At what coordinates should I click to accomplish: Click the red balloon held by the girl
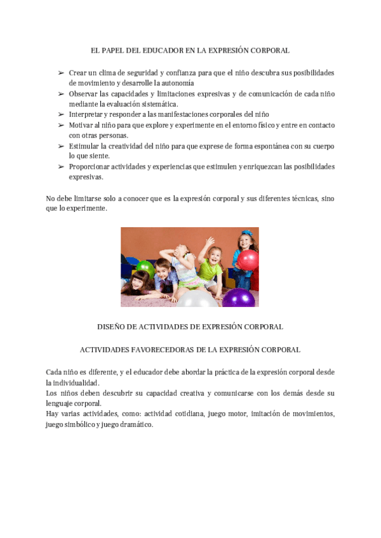[x=247, y=259]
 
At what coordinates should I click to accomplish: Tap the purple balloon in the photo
[x=238, y=298]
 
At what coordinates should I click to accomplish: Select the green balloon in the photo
[x=145, y=267]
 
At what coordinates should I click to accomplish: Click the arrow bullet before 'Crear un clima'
[x=61, y=73]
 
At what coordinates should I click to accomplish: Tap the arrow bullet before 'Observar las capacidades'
[x=61, y=94]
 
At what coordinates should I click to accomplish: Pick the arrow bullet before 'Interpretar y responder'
[x=61, y=115]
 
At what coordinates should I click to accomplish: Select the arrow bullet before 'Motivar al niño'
[x=61, y=125]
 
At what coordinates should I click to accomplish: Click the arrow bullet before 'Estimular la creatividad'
[x=61, y=146]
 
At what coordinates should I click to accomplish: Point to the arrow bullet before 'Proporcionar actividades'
[x=61, y=167]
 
